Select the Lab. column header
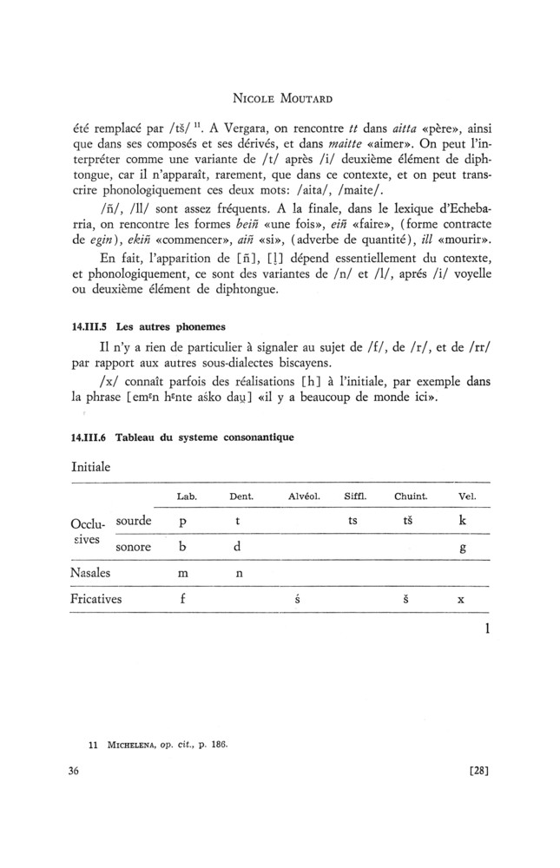[x=187, y=496]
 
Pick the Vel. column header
[x=466, y=496]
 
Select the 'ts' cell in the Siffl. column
[x=352, y=523]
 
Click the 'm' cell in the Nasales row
[x=183, y=574]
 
